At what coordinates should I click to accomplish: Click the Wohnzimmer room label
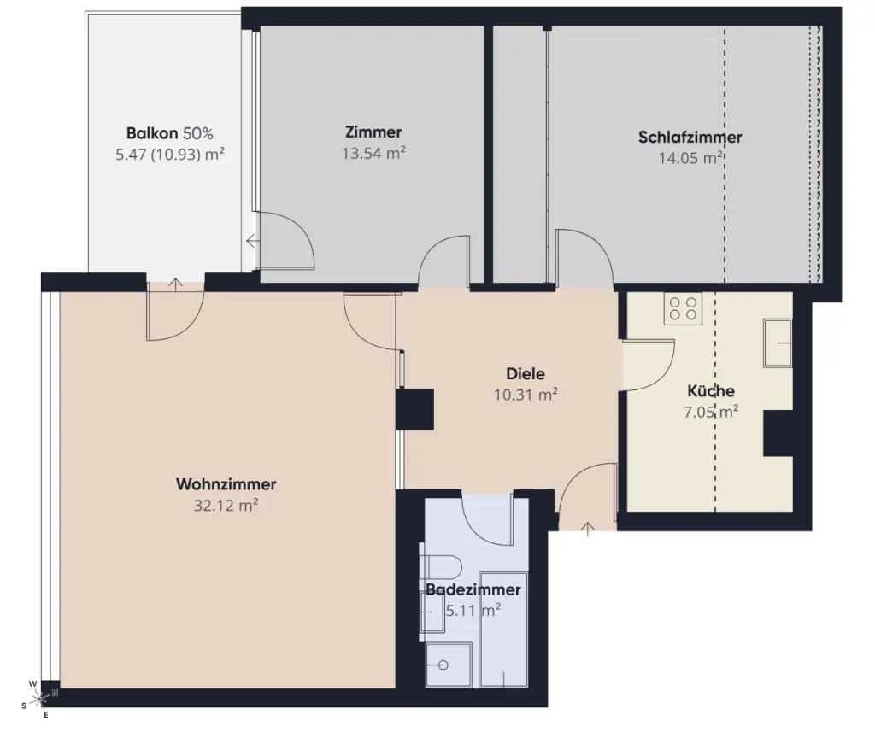pyautogui.click(x=226, y=484)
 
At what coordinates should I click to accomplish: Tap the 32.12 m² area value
pyautogui.click(x=226, y=506)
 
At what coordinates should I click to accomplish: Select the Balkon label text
pyautogui.click(x=152, y=133)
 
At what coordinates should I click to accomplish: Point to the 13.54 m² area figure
pyautogui.click(x=373, y=153)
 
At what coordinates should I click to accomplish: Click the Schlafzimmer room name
pyautogui.click(x=690, y=138)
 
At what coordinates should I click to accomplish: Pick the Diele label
pyautogui.click(x=526, y=374)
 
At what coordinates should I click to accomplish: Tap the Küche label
pyautogui.click(x=711, y=390)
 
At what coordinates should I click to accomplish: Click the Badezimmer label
pyautogui.click(x=473, y=589)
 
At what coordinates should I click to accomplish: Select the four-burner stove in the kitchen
pyautogui.click(x=683, y=308)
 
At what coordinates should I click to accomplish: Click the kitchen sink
pyautogui.click(x=778, y=343)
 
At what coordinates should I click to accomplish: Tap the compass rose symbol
pyautogui.click(x=39, y=699)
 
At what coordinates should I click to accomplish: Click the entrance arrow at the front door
pyautogui.click(x=588, y=528)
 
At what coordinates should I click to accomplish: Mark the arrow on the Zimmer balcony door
pyautogui.click(x=252, y=241)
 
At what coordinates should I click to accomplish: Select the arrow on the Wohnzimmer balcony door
pyautogui.click(x=175, y=284)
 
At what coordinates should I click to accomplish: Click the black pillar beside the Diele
pyautogui.click(x=414, y=409)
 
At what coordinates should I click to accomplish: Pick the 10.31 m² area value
pyautogui.click(x=526, y=395)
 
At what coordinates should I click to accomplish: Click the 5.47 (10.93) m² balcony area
pyautogui.click(x=170, y=155)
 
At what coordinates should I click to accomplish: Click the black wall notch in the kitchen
pyautogui.click(x=778, y=433)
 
